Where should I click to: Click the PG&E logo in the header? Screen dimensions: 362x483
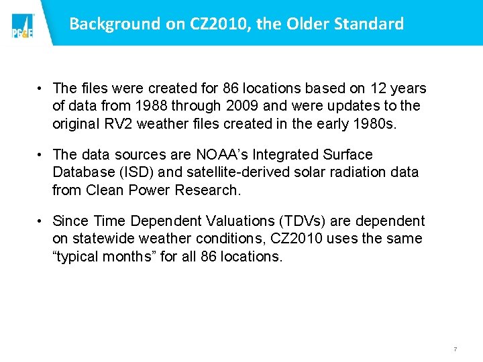pos(22,26)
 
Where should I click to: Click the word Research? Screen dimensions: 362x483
pos(206,190)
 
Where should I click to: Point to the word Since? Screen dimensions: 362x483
pos(70,221)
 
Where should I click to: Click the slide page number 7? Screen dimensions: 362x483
pos(455,349)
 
